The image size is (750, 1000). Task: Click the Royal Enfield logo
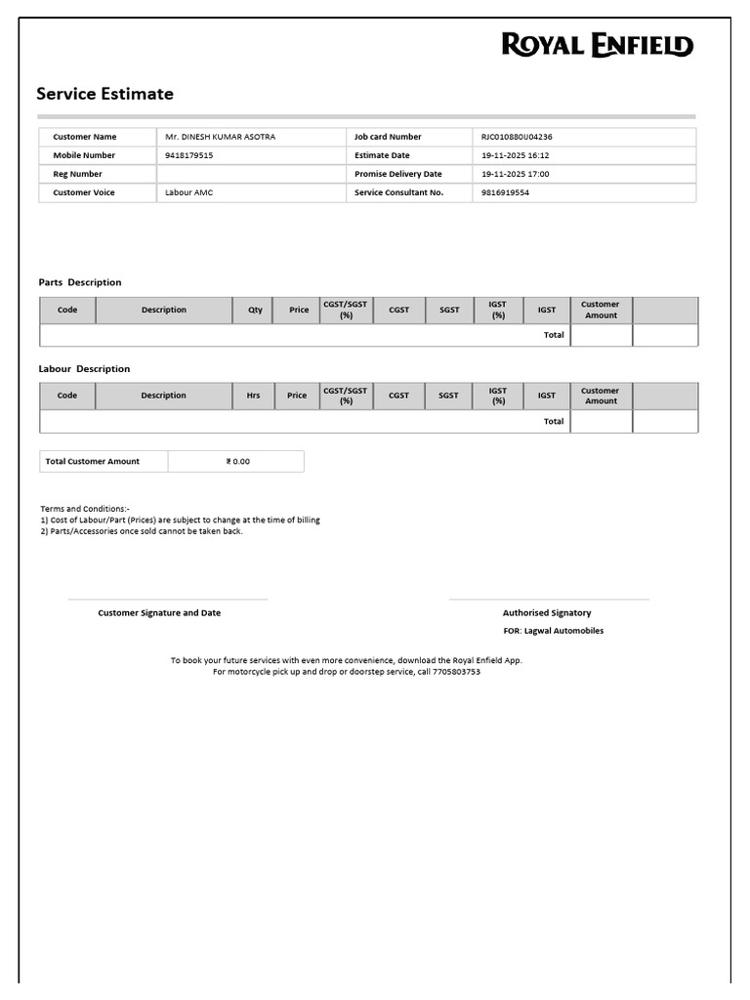598,45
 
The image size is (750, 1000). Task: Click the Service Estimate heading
104,94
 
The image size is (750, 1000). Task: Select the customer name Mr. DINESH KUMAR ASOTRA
220,137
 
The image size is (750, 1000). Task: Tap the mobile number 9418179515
188,155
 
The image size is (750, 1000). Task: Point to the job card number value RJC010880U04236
517,137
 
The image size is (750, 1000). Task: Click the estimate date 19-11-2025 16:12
516,155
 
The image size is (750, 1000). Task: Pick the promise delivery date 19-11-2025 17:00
516,174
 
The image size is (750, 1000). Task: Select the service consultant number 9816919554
506,192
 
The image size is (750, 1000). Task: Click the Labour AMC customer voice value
188,192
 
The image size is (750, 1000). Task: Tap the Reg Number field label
77,174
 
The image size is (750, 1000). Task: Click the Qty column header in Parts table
255,310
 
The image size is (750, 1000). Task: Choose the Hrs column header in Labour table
253,396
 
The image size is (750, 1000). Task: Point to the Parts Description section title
80,282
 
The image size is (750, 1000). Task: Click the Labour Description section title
84,368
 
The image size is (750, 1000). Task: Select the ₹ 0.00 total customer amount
237,461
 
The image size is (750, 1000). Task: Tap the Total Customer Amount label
92,461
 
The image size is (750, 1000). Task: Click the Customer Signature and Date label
159,612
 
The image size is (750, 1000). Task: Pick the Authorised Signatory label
547,612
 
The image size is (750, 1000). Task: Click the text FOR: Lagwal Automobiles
553,631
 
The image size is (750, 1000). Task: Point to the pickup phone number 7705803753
456,672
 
